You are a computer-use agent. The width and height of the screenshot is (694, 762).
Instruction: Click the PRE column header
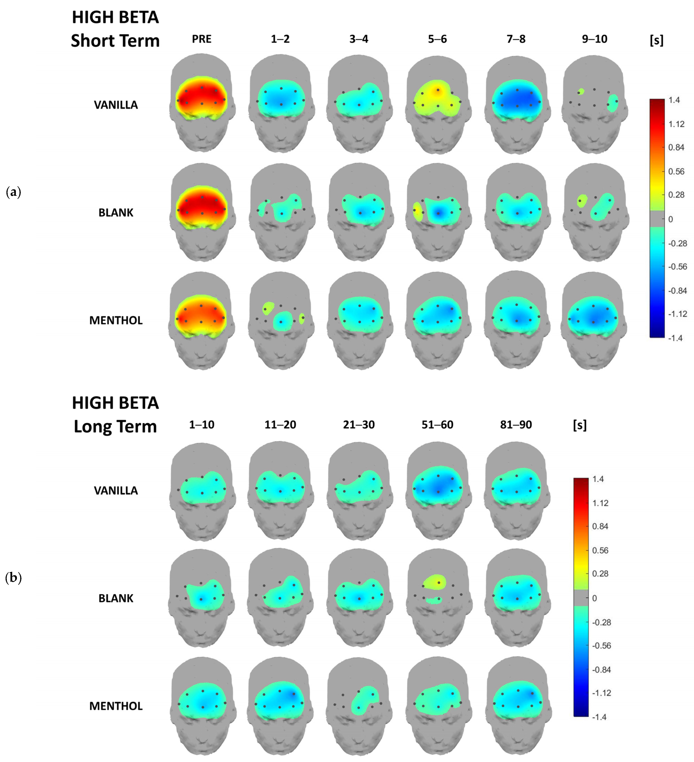(x=201, y=39)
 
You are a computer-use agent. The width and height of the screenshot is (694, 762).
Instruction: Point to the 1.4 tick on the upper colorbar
(x=674, y=100)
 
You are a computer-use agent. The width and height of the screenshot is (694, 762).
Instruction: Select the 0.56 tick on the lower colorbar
(x=600, y=550)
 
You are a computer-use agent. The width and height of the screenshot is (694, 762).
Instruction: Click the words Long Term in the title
(x=115, y=426)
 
